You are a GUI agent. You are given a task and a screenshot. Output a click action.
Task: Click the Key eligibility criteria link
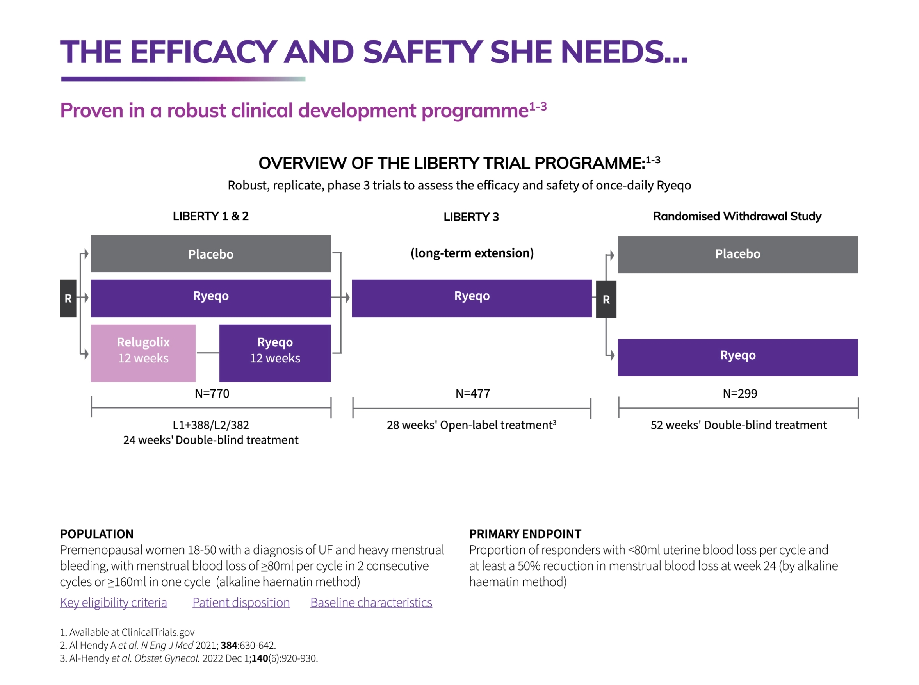pyautogui.click(x=113, y=602)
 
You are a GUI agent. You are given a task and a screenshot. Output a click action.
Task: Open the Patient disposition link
pyautogui.click(x=241, y=602)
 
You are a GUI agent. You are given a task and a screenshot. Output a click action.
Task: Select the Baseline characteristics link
pyautogui.click(x=371, y=602)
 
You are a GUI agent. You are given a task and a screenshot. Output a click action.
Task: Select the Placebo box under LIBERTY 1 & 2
pyautogui.click(x=210, y=254)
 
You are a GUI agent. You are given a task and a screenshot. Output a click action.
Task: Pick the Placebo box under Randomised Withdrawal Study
pyautogui.click(x=737, y=254)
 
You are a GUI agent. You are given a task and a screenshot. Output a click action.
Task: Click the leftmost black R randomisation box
pyautogui.click(x=68, y=298)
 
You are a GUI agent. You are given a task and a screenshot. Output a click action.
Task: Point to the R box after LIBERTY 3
pyautogui.click(x=606, y=300)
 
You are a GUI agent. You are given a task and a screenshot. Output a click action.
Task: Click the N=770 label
pyautogui.click(x=212, y=393)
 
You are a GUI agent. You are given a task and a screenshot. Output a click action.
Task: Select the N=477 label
pyautogui.click(x=472, y=393)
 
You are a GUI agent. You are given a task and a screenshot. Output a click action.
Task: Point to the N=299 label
pyautogui.click(x=739, y=393)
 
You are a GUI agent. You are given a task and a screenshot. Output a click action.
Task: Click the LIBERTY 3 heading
pyautogui.click(x=471, y=217)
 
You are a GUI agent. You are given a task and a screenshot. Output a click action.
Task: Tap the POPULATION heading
pyautogui.click(x=96, y=533)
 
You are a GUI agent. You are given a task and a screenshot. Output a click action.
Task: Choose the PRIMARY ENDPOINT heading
pyautogui.click(x=525, y=533)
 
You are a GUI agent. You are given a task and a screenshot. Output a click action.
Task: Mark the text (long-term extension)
pyautogui.click(x=472, y=253)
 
